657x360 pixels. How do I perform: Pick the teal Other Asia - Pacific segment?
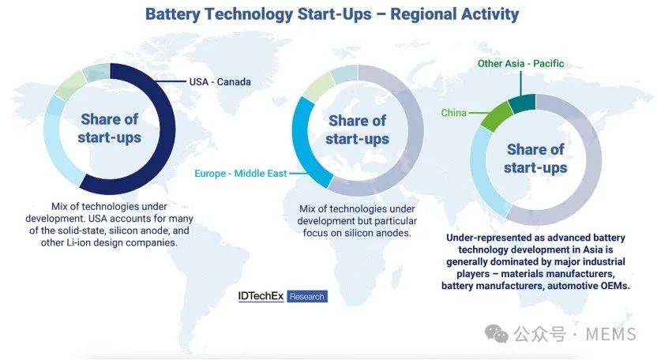point(523,103)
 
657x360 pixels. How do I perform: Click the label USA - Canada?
point(220,82)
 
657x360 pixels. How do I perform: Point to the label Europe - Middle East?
point(241,173)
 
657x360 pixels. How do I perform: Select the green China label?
point(453,113)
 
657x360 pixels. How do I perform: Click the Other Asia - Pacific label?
point(521,63)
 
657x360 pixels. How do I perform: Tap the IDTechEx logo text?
point(261,296)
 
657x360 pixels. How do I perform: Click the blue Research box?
point(307,296)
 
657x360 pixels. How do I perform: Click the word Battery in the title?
point(173,14)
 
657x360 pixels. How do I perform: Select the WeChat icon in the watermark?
point(497,334)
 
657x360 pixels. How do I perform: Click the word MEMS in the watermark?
point(611,334)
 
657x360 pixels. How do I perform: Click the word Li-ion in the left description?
point(78,242)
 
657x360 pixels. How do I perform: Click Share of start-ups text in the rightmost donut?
point(535,159)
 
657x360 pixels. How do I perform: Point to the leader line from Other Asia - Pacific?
point(521,83)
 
